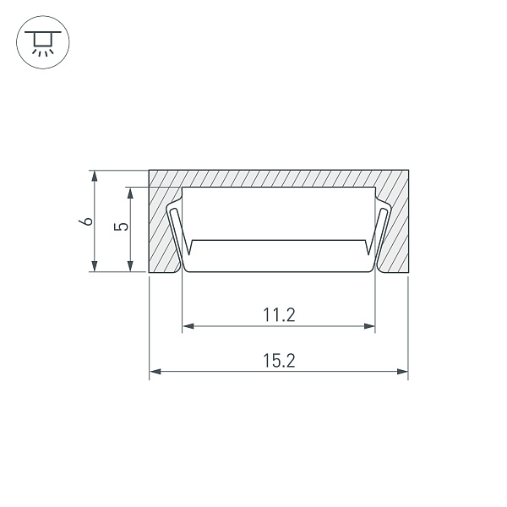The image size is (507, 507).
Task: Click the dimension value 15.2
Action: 279,361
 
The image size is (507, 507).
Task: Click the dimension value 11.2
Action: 279,315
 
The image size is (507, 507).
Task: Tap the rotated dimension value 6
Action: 85,221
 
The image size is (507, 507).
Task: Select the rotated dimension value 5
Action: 121,226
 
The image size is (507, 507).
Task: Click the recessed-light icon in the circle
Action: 43,42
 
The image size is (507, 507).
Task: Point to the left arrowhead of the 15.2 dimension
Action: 155,372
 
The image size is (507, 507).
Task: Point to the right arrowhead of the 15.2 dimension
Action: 402,372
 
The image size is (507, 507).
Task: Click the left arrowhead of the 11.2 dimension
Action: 188,326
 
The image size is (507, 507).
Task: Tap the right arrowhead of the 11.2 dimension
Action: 369,326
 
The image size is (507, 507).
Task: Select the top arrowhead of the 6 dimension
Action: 94,177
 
